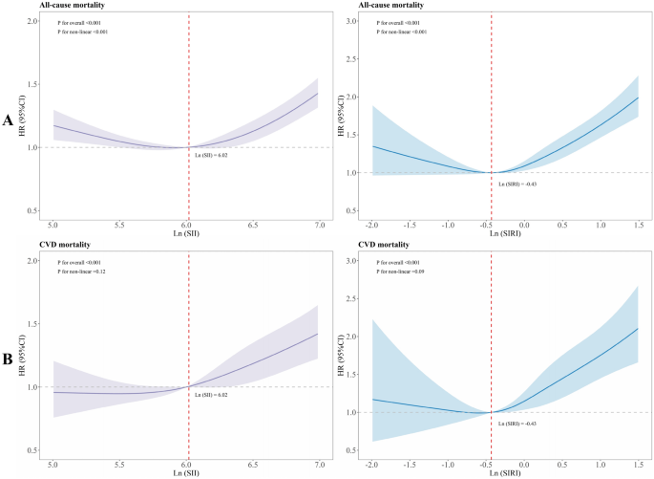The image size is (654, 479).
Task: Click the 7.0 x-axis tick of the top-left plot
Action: click(x=317, y=223)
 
